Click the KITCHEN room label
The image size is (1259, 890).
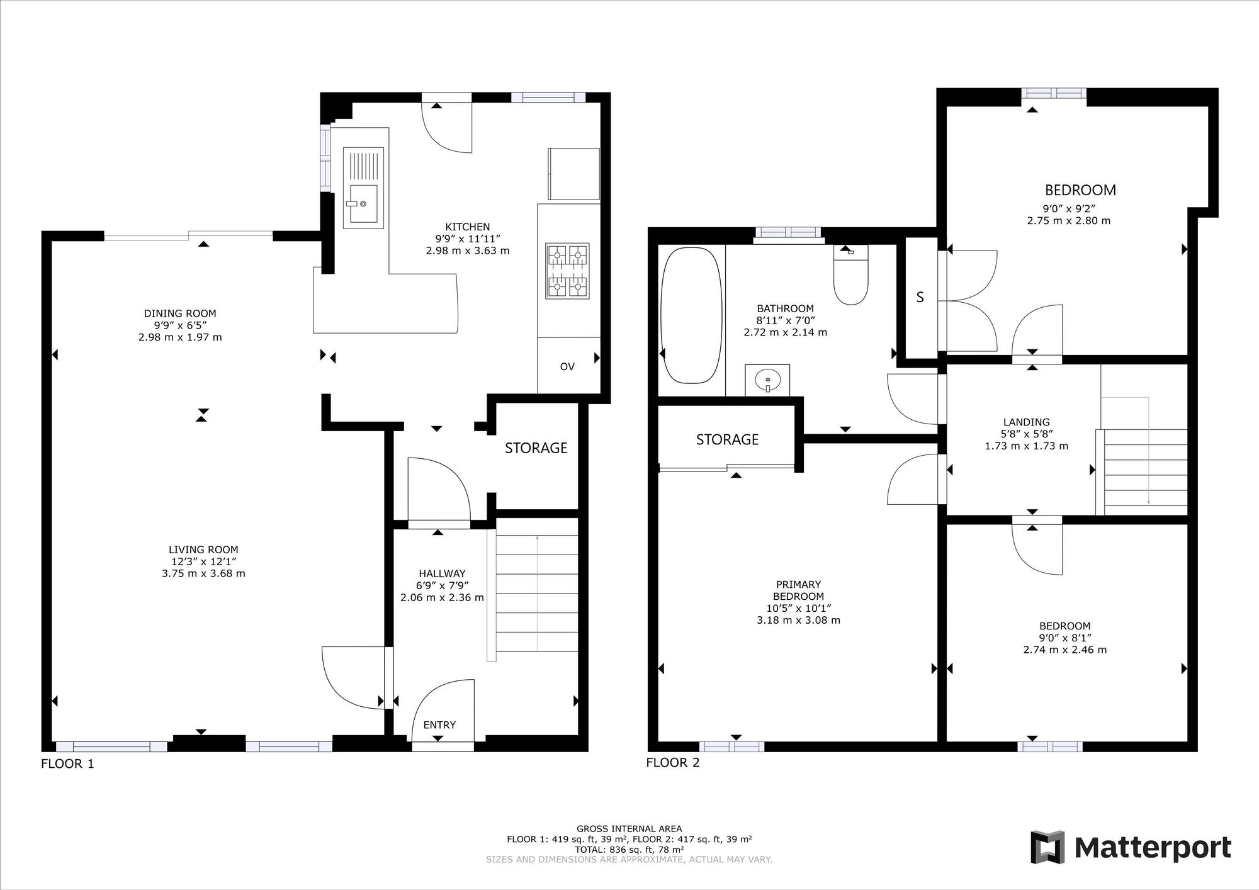click(x=468, y=227)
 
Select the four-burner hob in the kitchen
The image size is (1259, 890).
click(x=568, y=271)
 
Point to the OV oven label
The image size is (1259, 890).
click(x=567, y=366)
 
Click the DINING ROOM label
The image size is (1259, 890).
click(x=180, y=313)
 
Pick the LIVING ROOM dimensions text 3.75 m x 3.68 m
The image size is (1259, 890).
click(x=203, y=573)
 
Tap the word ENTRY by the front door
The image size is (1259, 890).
click(x=439, y=725)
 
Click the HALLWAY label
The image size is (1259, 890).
click(x=442, y=573)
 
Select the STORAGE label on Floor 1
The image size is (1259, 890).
click(x=536, y=448)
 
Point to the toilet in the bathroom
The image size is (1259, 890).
click(x=850, y=275)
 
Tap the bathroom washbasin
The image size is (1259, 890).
click(x=767, y=380)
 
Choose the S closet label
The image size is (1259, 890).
click(x=920, y=297)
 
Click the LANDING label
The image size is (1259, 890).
click(x=1027, y=422)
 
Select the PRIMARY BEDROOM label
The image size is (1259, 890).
click(x=798, y=590)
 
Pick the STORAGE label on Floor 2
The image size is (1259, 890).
click(x=727, y=439)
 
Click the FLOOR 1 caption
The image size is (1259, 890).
click(x=67, y=764)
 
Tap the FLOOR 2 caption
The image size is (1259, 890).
click(x=673, y=763)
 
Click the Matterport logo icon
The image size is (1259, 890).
click(x=1047, y=847)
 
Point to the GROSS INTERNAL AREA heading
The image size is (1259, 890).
click(x=629, y=829)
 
